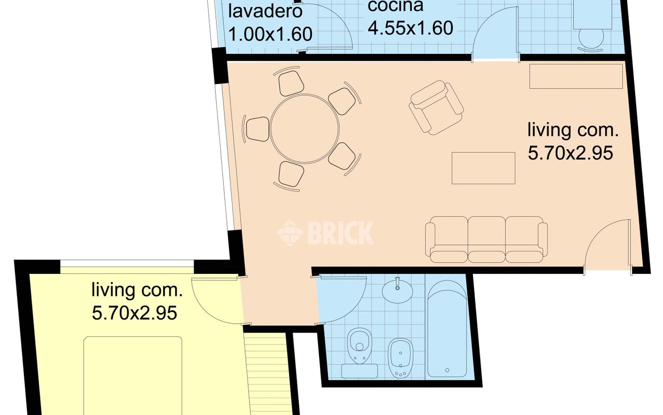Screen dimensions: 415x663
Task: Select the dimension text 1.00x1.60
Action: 270,34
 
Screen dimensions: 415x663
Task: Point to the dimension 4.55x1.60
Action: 410,27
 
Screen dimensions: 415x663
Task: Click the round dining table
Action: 305,128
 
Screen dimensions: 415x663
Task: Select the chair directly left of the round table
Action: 257,128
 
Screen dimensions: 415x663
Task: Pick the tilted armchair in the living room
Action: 436,107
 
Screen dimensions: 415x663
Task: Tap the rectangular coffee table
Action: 483,168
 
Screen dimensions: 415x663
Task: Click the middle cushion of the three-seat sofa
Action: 486,239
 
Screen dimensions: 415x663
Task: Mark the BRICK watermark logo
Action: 325,232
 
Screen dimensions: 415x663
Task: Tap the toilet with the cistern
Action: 359,353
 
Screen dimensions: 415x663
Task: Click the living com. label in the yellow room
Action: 137,290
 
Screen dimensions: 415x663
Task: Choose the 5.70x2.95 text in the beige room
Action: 570,153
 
